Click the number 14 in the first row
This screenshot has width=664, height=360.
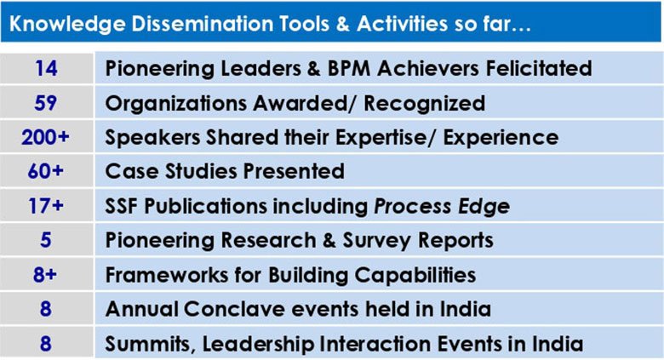click(46, 68)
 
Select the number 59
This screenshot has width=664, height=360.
click(46, 103)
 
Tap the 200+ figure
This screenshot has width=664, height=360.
click(45, 137)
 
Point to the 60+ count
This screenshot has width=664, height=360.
click(45, 172)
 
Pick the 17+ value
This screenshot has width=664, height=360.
click(46, 206)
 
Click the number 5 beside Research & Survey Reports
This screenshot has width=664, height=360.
click(46, 240)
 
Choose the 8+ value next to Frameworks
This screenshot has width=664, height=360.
click(45, 274)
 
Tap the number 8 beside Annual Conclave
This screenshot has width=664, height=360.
click(46, 309)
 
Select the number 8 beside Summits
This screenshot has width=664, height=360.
click(46, 343)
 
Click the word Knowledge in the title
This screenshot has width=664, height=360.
click(67, 24)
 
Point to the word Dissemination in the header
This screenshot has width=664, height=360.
click(202, 23)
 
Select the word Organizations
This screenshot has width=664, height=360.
click(175, 103)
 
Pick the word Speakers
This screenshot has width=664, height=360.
click(152, 138)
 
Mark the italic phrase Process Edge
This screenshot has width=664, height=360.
click(442, 207)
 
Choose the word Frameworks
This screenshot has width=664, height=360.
click(167, 274)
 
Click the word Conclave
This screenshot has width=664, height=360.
click(234, 309)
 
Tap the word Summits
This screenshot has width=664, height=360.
click(151, 344)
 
